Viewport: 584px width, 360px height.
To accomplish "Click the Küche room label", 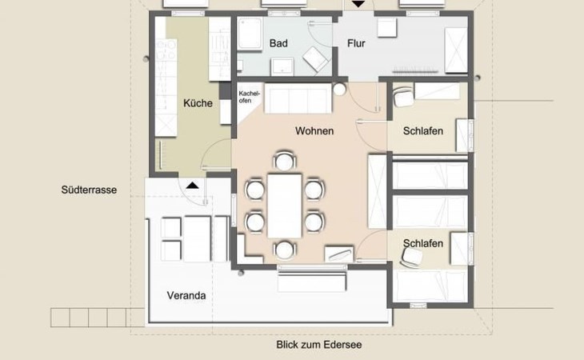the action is (x=198, y=103).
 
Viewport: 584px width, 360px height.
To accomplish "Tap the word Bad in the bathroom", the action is (x=278, y=43).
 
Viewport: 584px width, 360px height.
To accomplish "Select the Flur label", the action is (x=356, y=43).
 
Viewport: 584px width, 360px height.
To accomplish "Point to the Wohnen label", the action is (x=314, y=131).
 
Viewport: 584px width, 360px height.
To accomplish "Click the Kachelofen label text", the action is (x=249, y=97).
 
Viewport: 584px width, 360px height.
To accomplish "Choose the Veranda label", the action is (x=186, y=295).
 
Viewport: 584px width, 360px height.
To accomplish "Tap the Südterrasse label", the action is (x=89, y=190).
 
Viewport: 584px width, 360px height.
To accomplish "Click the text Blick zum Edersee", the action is (x=319, y=345).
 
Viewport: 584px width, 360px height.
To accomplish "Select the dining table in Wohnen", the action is (x=285, y=206).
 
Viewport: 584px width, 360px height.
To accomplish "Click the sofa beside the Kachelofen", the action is (x=298, y=98).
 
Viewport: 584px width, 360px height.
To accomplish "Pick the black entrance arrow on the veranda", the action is (x=192, y=185).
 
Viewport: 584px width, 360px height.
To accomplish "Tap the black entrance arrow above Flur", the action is (x=358, y=4).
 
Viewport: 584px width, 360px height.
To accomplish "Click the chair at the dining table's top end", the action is (x=284, y=161).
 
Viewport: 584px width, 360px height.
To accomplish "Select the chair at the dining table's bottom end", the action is (x=284, y=250).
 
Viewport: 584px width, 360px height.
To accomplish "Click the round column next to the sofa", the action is (x=339, y=89).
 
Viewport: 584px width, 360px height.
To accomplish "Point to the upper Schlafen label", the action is (x=423, y=131).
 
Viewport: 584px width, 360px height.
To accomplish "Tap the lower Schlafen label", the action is (x=423, y=243).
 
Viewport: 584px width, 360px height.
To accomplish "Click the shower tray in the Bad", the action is (x=250, y=34).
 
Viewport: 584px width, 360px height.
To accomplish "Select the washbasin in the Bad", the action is (x=282, y=66).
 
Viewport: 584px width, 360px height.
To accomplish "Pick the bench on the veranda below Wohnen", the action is (x=312, y=282).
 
